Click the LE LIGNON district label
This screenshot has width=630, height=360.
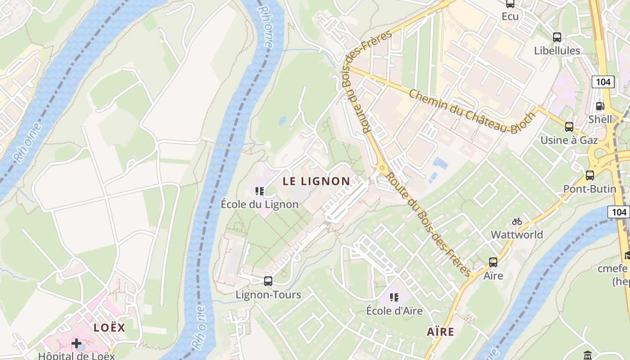(x=316, y=181)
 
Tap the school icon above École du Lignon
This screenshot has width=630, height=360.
(x=260, y=191)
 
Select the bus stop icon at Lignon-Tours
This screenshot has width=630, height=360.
(x=268, y=281)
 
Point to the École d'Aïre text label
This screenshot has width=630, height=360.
(x=394, y=310)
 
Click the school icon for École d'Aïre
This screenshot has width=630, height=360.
(x=394, y=297)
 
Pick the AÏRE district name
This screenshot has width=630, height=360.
(x=440, y=332)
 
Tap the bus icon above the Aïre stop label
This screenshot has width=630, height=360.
(x=493, y=262)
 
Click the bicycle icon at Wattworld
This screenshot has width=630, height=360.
(x=517, y=221)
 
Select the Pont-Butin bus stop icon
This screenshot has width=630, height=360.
(x=589, y=175)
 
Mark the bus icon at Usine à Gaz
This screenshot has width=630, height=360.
(x=569, y=127)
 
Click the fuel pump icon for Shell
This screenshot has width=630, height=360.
(x=600, y=106)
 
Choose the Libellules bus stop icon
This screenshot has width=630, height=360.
(x=557, y=37)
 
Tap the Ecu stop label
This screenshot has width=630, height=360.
(x=510, y=17)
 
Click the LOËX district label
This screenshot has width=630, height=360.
(x=109, y=328)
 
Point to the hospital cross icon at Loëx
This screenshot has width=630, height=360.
(x=76, y=344)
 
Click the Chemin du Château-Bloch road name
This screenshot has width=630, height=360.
(x=472, y=111)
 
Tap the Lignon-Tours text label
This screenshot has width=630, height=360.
(x=268, y=295)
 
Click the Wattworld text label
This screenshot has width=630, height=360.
(x=517, y=234)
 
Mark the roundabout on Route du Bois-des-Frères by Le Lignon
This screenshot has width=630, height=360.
(x=382, y=168)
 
